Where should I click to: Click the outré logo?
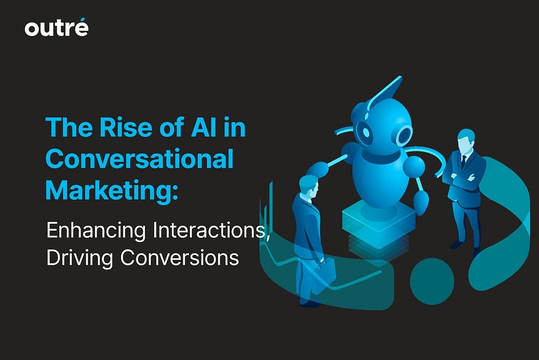[x=57, y=27]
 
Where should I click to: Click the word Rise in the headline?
[x=126, y=127]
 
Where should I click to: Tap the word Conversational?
[x=140, y=158]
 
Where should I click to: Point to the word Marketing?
[x=112, y=191]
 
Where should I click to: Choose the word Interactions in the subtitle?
[x=210, y=230]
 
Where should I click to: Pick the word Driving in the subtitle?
[x=80, y=258]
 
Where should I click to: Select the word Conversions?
[x=179, y=258]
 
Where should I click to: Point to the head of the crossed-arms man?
[x=466, y=140]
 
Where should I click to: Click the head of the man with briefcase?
[x=309, y=186]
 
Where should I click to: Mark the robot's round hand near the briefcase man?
[x=316, y=170]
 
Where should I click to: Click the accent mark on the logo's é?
[x=82, y=19]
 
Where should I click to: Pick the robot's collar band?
[x=381, y=157]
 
